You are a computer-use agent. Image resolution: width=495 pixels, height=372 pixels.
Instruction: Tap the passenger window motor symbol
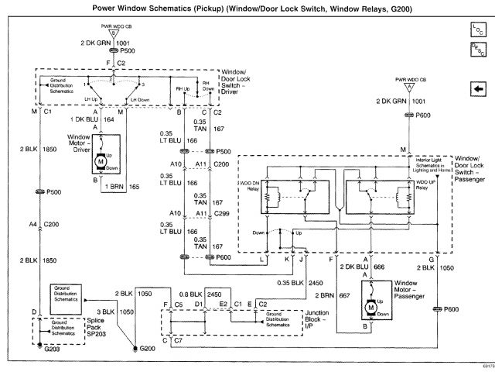click(370, 308)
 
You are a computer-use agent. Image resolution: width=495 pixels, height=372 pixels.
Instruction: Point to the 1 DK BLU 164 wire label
click(100, 119)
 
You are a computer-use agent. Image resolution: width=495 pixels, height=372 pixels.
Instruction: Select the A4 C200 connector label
click(42, 224)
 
